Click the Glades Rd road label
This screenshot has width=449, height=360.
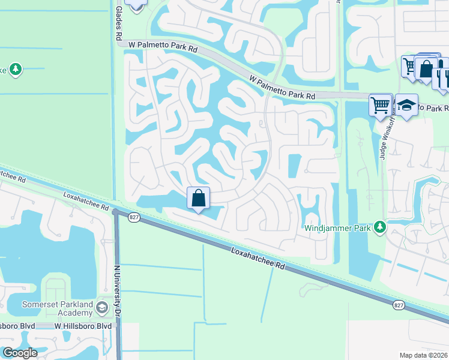(118, 21)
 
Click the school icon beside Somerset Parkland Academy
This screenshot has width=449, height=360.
(102, 308)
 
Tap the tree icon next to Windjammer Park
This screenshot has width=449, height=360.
(379, 227)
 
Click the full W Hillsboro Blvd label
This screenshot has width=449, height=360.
(83, 326)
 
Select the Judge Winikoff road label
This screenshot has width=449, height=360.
(384, 138)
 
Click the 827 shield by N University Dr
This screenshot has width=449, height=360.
(134, 217)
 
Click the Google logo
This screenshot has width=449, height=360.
(19, 353)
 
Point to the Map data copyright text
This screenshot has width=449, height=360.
(424, 355)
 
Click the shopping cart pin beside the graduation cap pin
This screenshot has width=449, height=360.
(380, 105)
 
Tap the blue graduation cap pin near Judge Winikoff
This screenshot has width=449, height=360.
(406, 105)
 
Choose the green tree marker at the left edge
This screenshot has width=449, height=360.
(15, 69)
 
